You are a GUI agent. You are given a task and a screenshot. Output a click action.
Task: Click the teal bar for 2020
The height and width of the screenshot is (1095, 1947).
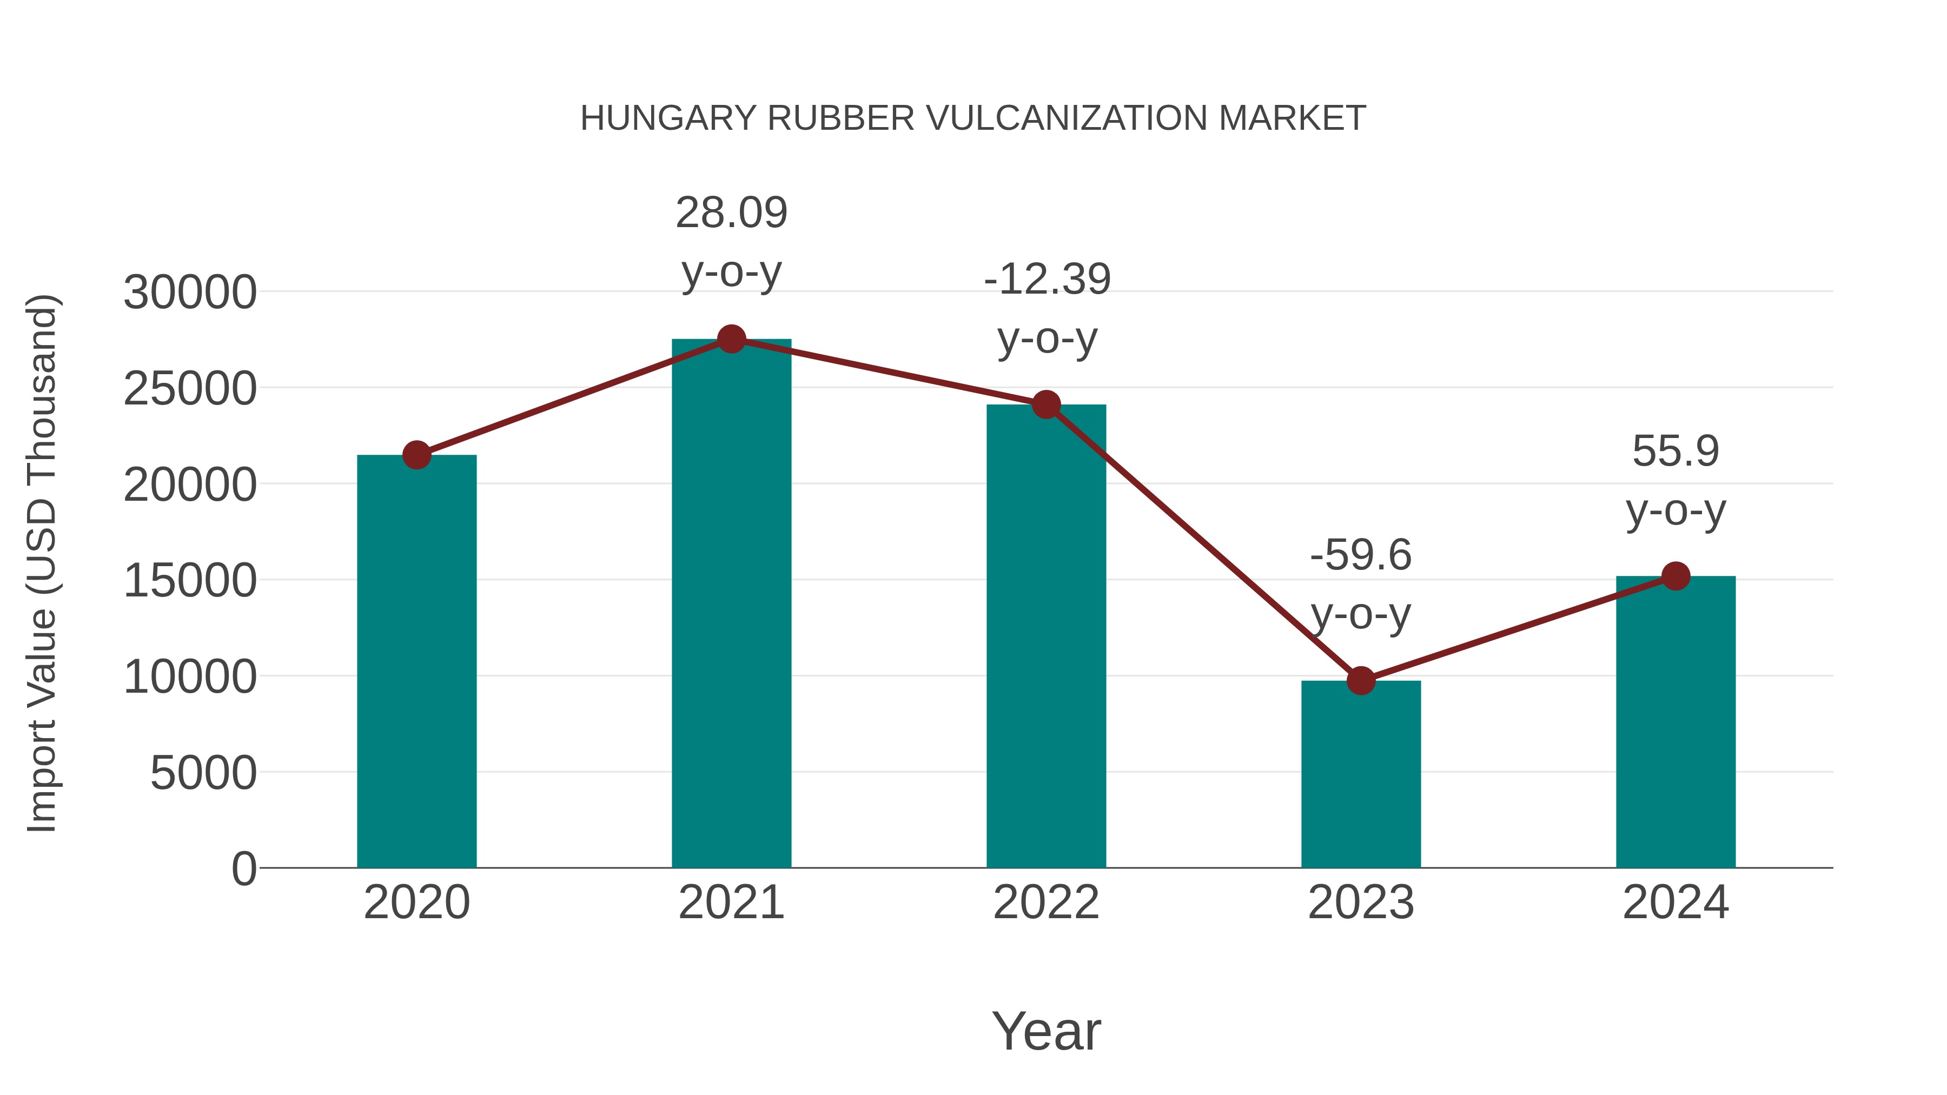click(x=416, y=661)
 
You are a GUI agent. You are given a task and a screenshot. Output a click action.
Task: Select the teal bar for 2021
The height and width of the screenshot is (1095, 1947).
click(x=731, y=605)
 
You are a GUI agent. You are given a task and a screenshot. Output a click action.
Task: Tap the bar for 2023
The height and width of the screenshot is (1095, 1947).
click(x=1361, y=774)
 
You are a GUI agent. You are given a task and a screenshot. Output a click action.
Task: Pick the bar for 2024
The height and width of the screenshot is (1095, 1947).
click(x=1676, y=722)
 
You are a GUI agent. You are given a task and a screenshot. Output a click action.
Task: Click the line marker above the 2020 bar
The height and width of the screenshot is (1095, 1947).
click(x=416, y=455)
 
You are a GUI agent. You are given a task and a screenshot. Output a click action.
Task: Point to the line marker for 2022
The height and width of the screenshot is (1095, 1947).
click(x=1046, y=405)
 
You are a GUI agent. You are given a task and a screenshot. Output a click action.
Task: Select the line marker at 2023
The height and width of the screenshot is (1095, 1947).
click(x=1361, y=681)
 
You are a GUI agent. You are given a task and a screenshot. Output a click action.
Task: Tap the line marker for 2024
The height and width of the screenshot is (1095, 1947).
click(x=1676, y=576)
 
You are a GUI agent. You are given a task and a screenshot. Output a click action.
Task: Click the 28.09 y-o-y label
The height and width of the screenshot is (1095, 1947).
click(x=731, y=242)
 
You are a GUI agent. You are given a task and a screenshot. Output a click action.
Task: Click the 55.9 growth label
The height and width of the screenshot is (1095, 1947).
click(x=1676, y=481)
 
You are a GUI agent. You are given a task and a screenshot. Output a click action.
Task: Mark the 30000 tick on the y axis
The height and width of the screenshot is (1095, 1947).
click(x=190, y=293)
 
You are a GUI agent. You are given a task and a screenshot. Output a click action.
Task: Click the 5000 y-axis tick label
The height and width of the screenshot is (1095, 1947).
click(x=203, y=773)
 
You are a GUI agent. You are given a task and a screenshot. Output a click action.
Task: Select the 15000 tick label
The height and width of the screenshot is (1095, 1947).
click(x=190, y=581)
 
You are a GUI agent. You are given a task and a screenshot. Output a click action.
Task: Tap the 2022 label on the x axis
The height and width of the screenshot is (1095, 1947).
click(x=1046, y=902)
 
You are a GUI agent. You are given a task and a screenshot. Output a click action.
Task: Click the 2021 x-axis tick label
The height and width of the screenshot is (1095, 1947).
click(x=731, y=902)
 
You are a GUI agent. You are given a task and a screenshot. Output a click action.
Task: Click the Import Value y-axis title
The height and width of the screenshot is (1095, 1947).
click(x=42, y=563)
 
